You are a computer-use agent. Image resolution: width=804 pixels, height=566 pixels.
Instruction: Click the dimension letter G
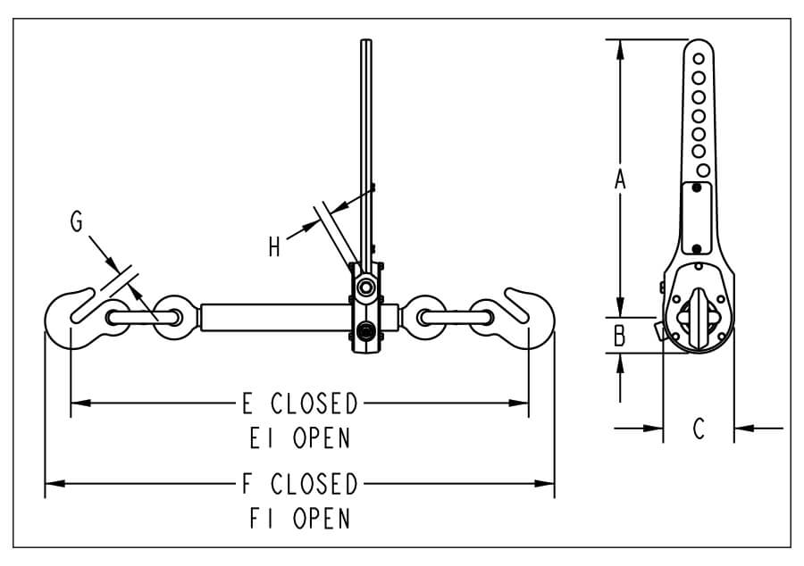click(x=77, y=221)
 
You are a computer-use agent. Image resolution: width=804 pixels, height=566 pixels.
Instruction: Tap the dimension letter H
click(x=274, y=247)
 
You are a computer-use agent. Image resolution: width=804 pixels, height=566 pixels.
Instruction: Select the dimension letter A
click(x=620, y=179)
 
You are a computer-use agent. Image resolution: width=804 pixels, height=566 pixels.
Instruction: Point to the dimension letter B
click(x=620, y=336)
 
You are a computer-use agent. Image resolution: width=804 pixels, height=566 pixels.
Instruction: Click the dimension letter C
click(x=699, y=429)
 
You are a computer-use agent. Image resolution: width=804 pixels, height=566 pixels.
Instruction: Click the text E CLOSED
click(x=300, y=404)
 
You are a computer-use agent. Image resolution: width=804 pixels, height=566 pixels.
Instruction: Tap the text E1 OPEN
click(x=300, y=438)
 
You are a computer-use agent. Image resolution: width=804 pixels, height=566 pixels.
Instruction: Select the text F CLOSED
click(x=300, y=484)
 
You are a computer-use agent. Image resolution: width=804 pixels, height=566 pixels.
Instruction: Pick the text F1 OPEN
click(x=300, y=519)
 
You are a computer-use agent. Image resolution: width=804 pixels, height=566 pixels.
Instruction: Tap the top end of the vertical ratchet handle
click(x=365, y=40)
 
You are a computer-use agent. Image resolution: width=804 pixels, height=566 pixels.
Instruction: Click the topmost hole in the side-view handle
click(x=699, y=59)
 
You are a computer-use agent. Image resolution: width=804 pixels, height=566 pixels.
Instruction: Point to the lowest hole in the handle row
click(x=704, y=170)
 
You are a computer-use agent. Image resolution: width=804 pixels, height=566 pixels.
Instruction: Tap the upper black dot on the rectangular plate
click(x=696, y=188)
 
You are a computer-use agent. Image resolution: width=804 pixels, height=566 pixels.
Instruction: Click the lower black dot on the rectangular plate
click(x=696, y=249)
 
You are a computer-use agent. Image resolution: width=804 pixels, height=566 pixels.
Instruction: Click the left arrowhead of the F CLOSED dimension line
click(x=54, y=483)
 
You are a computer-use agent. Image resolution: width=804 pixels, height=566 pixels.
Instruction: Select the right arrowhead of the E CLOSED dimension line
click(x=518, y=404)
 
